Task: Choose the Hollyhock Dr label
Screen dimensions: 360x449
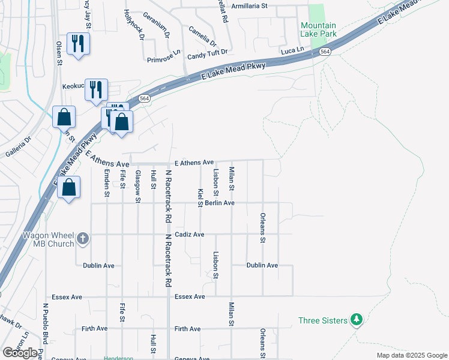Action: pos(134,24)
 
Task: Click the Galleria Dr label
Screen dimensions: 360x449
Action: pos(18,148)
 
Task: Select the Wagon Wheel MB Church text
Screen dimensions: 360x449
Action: pos(48,239)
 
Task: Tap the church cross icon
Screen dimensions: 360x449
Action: pos(83,239)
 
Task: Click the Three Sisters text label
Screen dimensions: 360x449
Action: pos(323,320)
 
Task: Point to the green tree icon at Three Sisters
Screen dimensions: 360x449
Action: pos(357,319)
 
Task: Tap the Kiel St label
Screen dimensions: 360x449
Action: pos(200,197)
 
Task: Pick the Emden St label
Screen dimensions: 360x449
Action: pos(106,184)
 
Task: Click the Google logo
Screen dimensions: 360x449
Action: pos(20,353)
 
